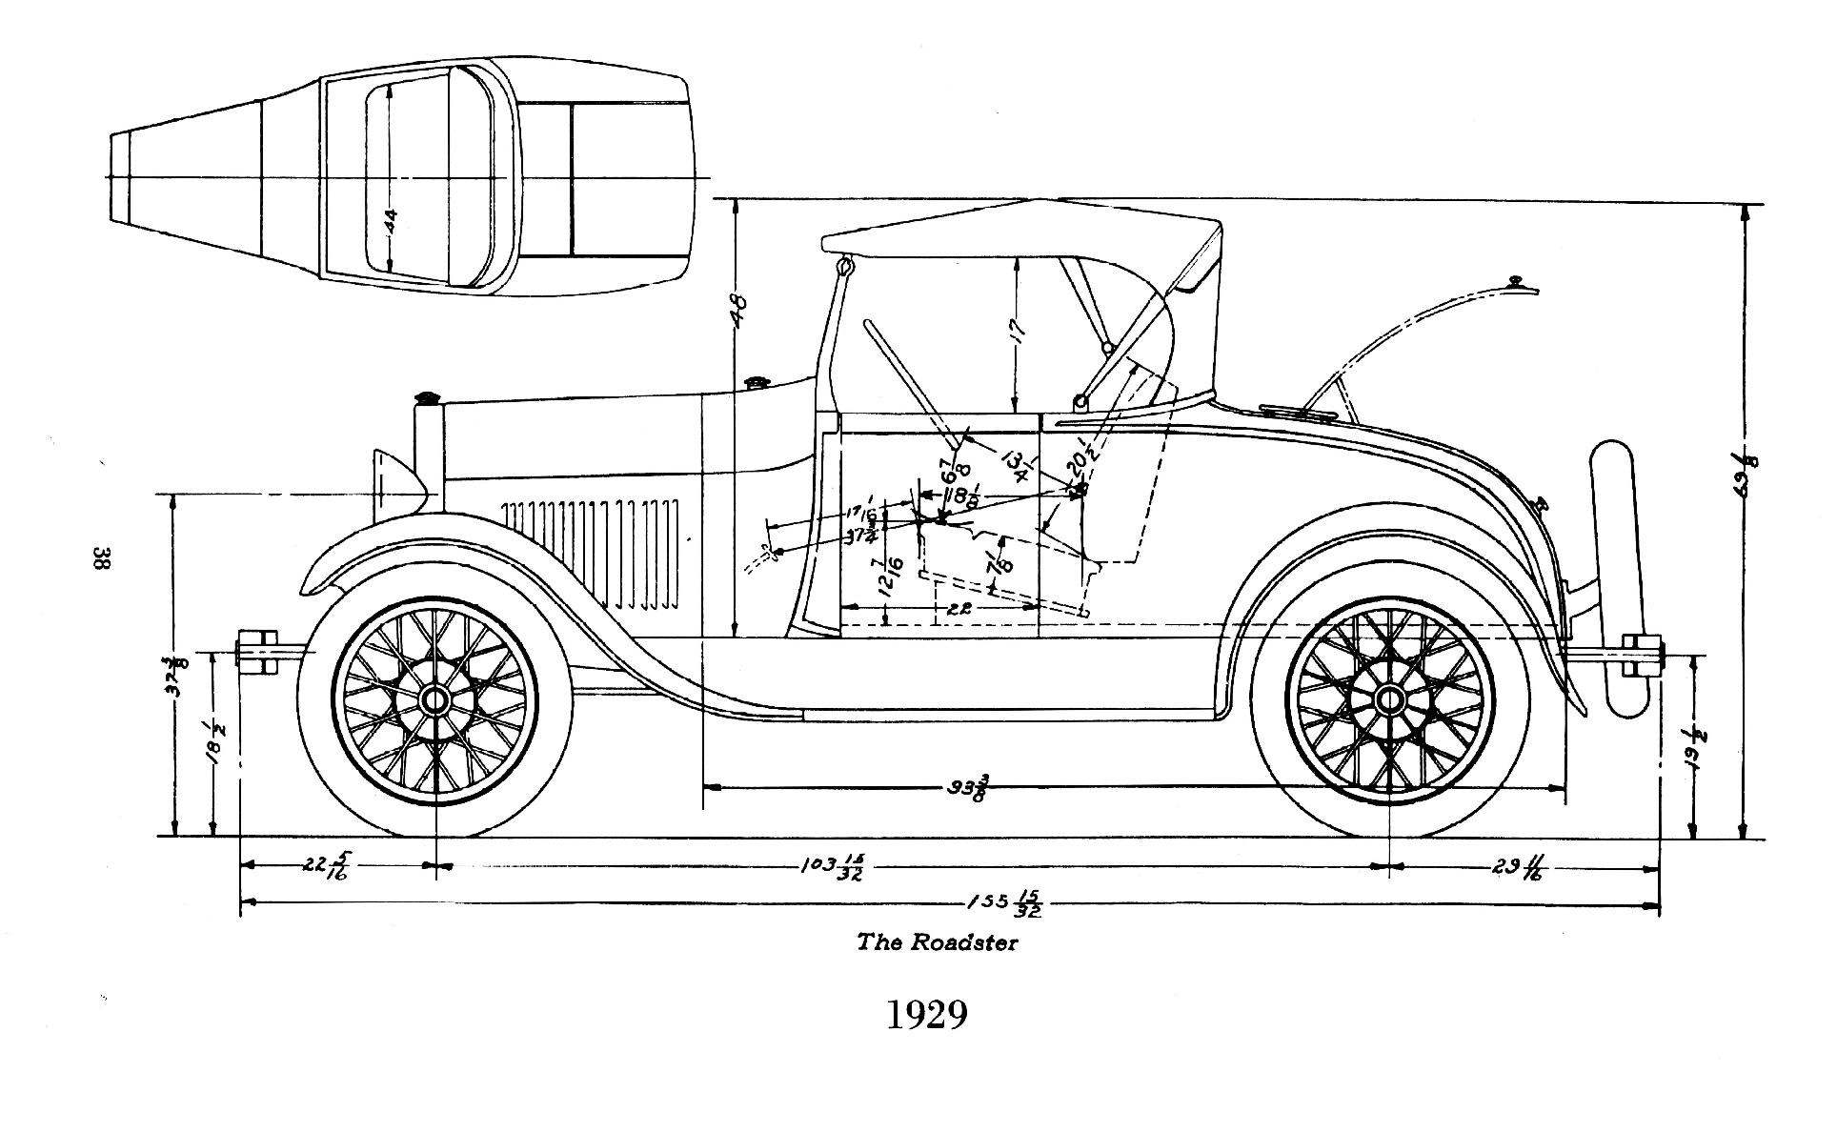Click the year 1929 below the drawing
pyautogui.click(x=926, y=1016)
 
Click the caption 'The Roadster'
pyautogui.click(x=937, y=942)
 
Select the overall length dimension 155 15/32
pyautogui.click(x=1003, y=904)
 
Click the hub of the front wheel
pyautogui.click(x=435, y=701)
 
